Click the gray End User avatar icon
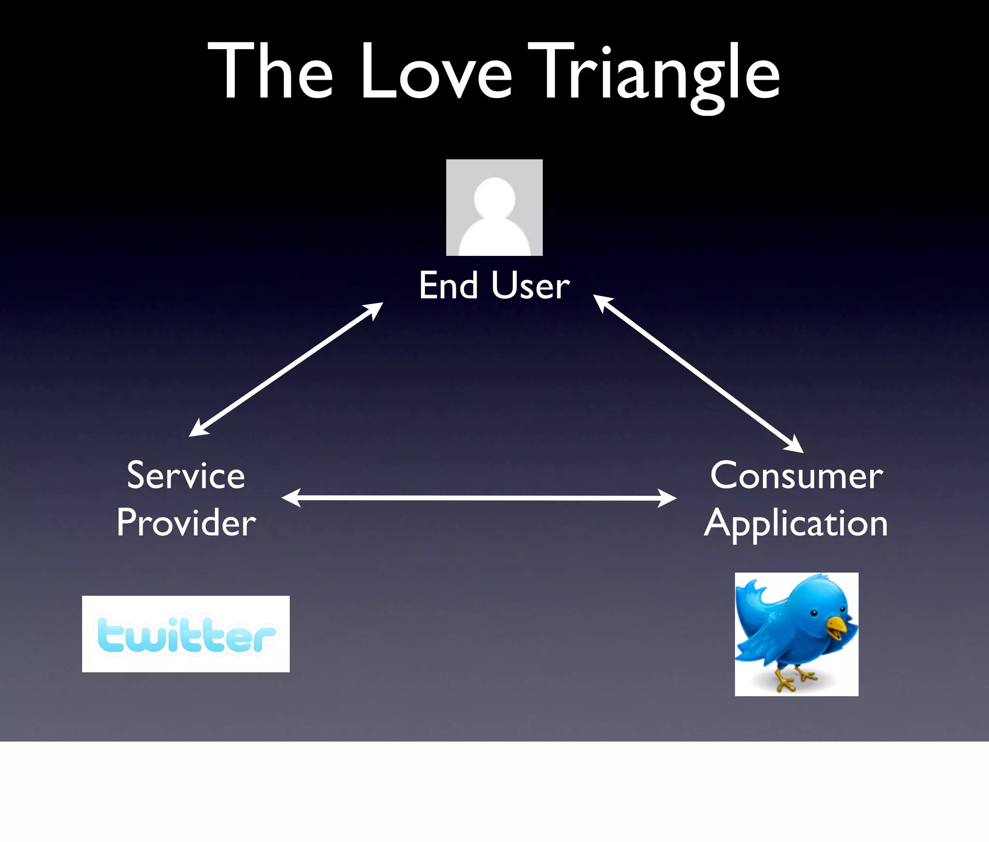pyautogui.click(x=494, y=207)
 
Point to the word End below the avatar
pyautogui.click(x=449, y=285)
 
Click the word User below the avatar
pyautogui.click(x=531, y=285)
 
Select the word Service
pyautogui.click(x=186, y=476)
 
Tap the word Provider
pyautogui.click(x=186, y=523)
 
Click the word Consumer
pyautogui.click(x=796, y=476)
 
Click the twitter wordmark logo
pyautogui.click(x=186, y=634)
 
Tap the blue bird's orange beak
pyautogui.click(x=836, y=626)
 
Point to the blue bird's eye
pyautogui.click(x=814, y=614)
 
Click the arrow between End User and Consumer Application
pyautogui.click(x=698, y=374)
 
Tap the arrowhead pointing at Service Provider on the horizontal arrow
pyautogui.click(x=291, y=498)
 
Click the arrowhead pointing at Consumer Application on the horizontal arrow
pyautogui.click(x=667, y=498)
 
